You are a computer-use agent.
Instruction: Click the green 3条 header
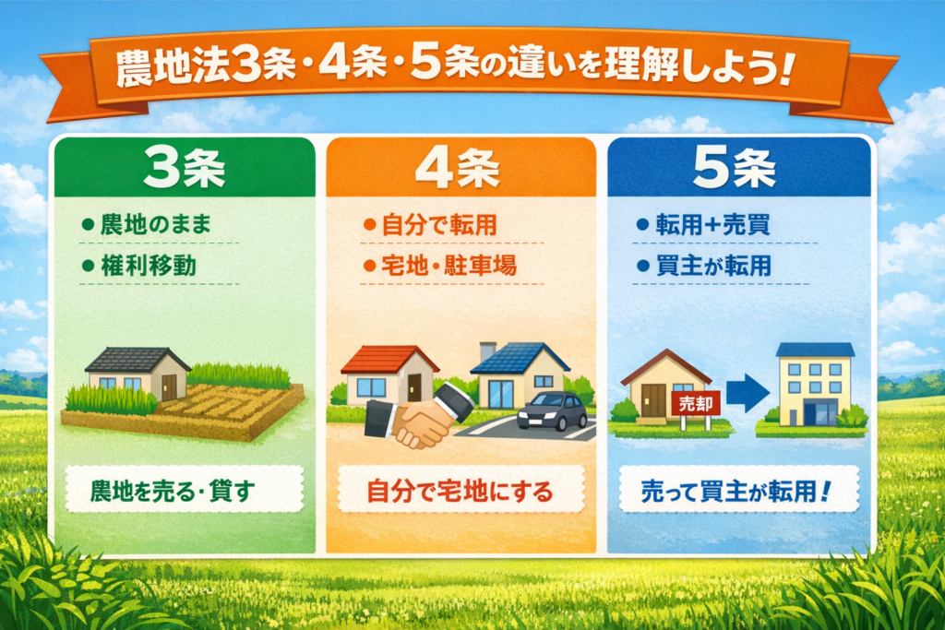(x=185, y=167)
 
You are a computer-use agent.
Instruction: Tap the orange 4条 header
(x=461, y=167)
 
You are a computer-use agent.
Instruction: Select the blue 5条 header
(x=739, y=167)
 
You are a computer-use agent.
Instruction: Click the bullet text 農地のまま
(x=156, y=225)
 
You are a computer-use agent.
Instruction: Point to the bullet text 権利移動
(x=149, y=266)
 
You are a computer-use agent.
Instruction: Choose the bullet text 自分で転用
(x=439, y=225)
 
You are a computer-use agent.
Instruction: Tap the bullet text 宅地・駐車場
(x=449, y=266)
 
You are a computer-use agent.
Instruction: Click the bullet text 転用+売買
(x=713, y=225)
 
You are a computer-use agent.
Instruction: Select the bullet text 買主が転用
(x=713, y=266)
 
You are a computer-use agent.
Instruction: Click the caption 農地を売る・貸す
(x=173, y=491)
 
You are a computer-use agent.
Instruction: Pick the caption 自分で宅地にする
(x=460, y=491)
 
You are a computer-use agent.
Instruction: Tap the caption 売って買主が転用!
(x=736, y=491)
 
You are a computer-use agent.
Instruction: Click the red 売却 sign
(x=696, y=403)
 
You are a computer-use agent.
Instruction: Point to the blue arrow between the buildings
(x=748, y=393)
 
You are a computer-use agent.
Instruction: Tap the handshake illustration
(x=419, y=416)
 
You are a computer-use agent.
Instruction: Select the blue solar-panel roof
(x=520, y=358)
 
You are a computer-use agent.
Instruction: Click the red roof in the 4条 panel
(x=390, y=359)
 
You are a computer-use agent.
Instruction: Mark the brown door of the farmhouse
(x=170, y=387)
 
